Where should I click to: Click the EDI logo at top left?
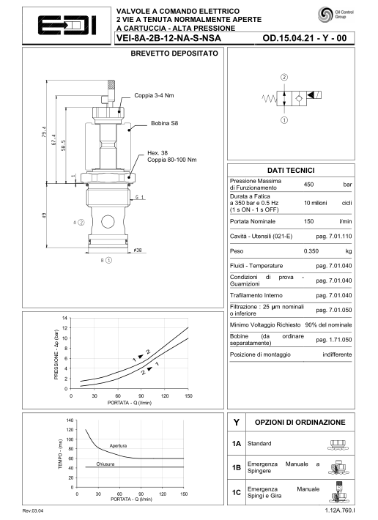click(x=67, y=25)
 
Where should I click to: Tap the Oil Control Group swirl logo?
click(x=325, y=15)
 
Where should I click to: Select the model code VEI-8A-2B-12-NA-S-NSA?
click(x=168, y=38)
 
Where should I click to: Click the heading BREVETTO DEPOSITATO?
click(x=174, y=53)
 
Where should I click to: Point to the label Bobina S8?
click(x=165, y=123)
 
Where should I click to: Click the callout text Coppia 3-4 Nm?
click(x=154, y=95)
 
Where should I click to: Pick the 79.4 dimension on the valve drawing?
click(x=44, y=132)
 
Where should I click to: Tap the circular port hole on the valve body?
click(x=108, y=222)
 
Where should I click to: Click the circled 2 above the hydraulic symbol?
click(x=284, y=78)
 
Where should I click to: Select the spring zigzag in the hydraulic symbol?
click(x=270, y=98)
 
